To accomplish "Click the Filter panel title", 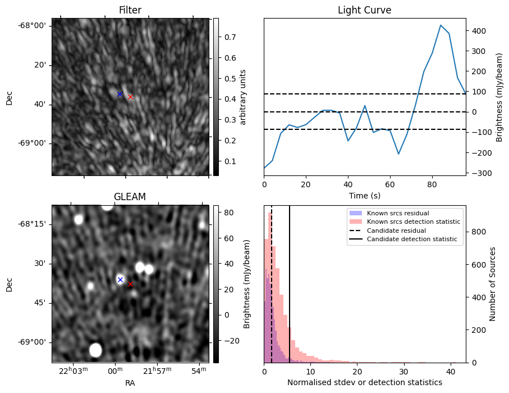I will (x=130, y=10).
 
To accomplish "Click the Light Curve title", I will (x=364, y=10).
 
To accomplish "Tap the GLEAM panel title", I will (x=130, y=197).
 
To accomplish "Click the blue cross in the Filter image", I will (x=120, y=94).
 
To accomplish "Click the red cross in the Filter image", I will (x=130, y=97).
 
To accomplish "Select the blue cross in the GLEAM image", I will (x=120, y=279).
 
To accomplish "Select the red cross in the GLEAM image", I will (x=130, y=284).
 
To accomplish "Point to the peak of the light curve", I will (x=441, y=25).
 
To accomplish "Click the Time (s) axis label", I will (x=364, y=195).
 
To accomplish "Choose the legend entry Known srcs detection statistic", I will (x=413, y=222).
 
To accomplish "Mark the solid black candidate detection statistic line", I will (x=290, y=281).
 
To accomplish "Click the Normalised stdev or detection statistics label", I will (x=364, y=382).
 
